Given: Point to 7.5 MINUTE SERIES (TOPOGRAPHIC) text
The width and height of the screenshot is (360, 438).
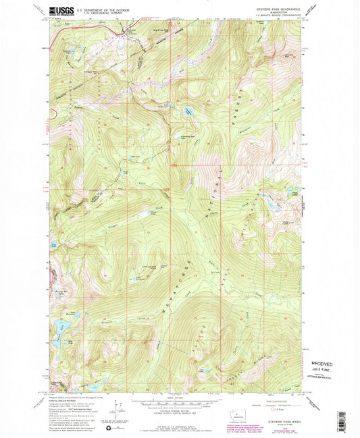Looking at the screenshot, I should pos(281,16).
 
